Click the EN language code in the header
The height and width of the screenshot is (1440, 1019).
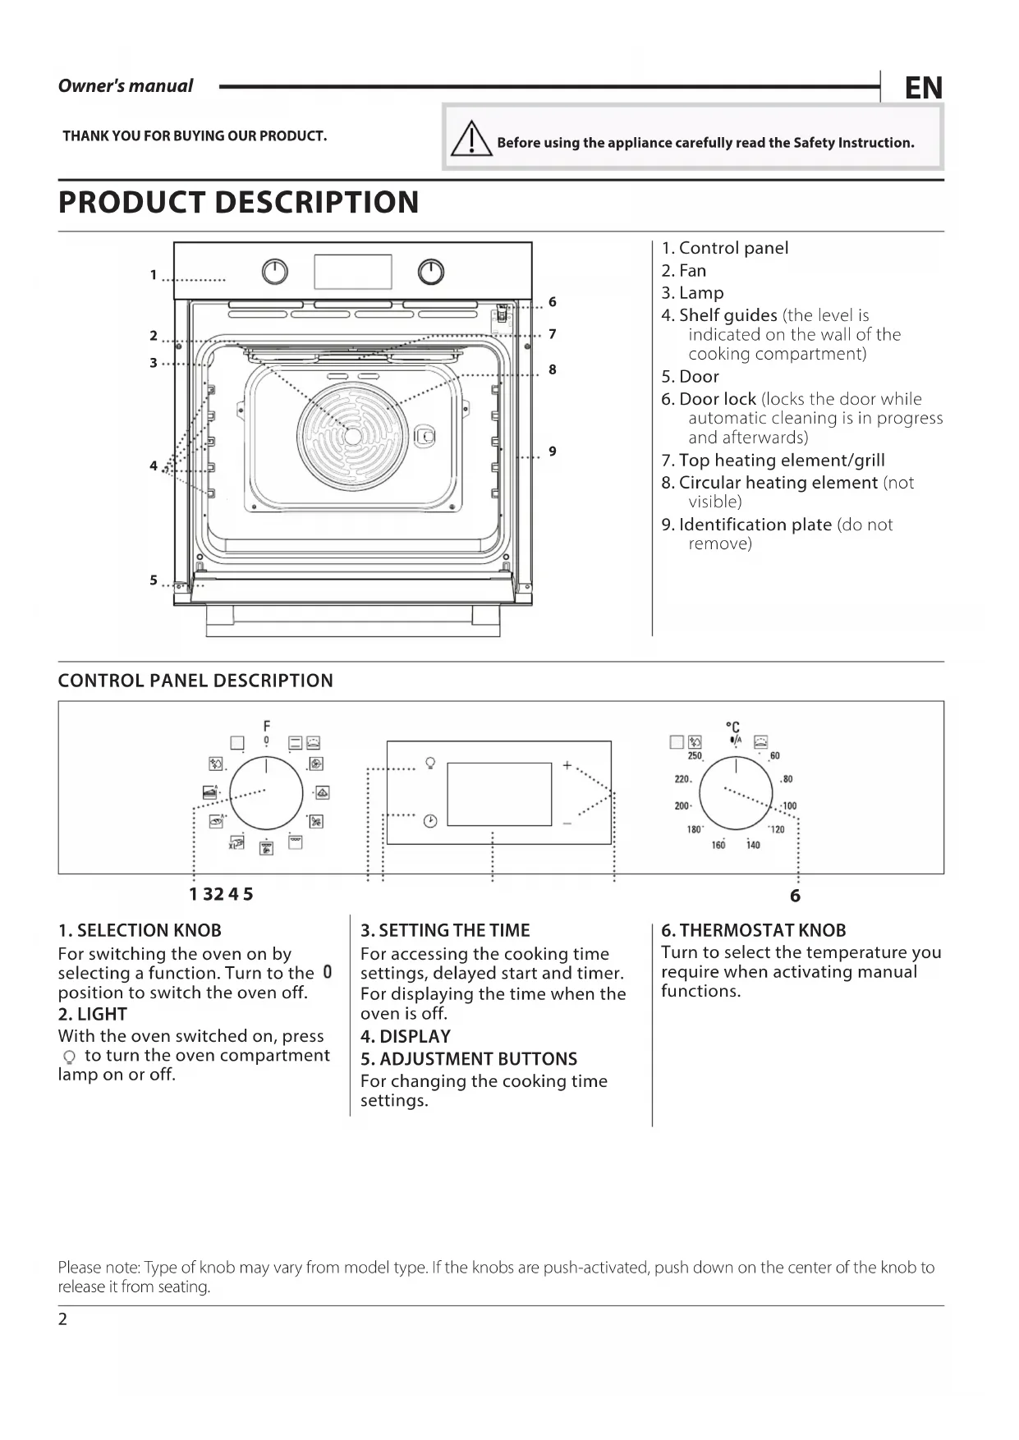(x=923, y=88)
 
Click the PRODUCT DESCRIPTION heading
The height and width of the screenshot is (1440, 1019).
(x=238, y=202)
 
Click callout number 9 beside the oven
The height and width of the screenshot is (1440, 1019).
(x=553, y=451)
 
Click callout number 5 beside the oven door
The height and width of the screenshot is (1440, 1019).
(x=154, y=580)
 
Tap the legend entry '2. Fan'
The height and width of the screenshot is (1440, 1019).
(x=683, y=270)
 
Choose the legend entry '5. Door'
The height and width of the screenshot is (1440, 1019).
(x=690, y=376)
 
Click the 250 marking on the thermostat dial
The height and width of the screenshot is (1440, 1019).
(x=695, y=755)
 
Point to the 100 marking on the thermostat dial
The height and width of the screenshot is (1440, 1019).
(x=789, y=805)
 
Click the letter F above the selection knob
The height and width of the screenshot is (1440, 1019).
(x=267, y=726)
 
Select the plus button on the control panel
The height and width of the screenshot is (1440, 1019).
(x=567, y=765)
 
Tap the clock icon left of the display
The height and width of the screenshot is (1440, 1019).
(x=430, y=820)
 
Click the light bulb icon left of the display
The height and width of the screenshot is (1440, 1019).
(x=430, y=763)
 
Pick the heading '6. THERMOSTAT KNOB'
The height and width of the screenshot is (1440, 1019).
(x=753, y=930)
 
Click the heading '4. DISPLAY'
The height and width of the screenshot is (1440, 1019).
(x=405, y=1036)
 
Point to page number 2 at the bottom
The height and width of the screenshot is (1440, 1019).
(x=63, y=1319)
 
